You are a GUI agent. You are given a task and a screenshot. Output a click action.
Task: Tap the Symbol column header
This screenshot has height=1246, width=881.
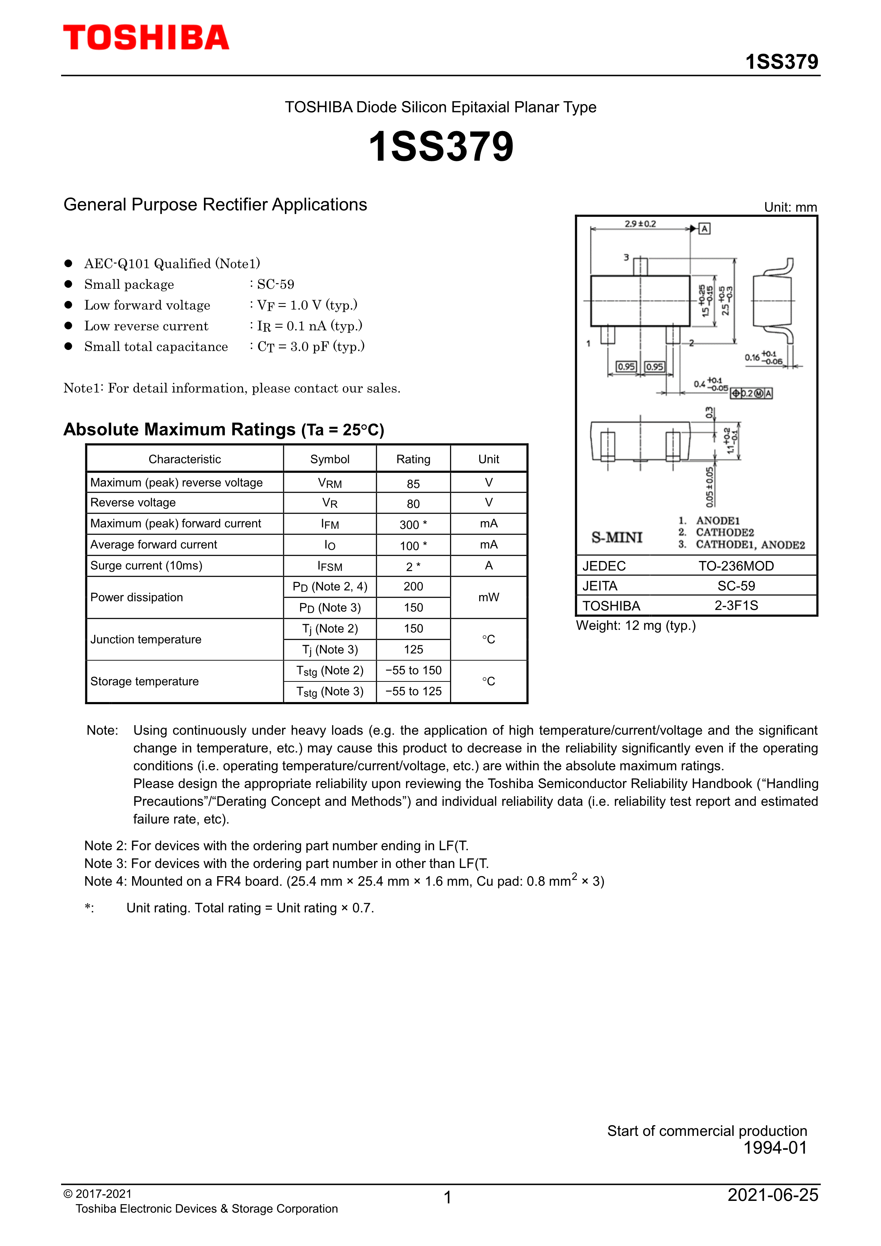(x=329, y=459)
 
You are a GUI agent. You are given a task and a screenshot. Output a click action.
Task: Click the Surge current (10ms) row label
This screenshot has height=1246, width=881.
(x=146, y=566)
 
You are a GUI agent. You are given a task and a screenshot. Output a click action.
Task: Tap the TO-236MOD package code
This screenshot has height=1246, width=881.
(x=736, y=566)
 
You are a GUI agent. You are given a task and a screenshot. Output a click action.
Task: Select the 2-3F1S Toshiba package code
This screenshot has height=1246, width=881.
(x=736, y=606)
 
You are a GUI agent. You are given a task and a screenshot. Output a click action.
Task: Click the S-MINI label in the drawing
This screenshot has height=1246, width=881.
(x=617, y=537)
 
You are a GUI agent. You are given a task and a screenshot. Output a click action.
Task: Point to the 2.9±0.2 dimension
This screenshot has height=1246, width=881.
(x=640, y=223)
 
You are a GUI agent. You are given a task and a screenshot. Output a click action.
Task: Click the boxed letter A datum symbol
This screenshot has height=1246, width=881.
(x=704, y=228)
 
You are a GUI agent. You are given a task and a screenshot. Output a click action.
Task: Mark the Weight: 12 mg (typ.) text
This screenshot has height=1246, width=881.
(x=635, y=626)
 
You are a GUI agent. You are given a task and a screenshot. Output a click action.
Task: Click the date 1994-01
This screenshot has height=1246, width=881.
(x=775, y=1148)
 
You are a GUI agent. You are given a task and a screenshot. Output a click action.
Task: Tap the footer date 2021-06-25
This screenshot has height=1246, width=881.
(x=773, y=1195)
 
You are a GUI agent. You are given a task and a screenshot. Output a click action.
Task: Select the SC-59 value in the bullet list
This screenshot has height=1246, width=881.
(x=276, y=284)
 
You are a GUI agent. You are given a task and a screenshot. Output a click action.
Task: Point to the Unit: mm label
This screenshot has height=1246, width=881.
(x=790, y=207)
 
